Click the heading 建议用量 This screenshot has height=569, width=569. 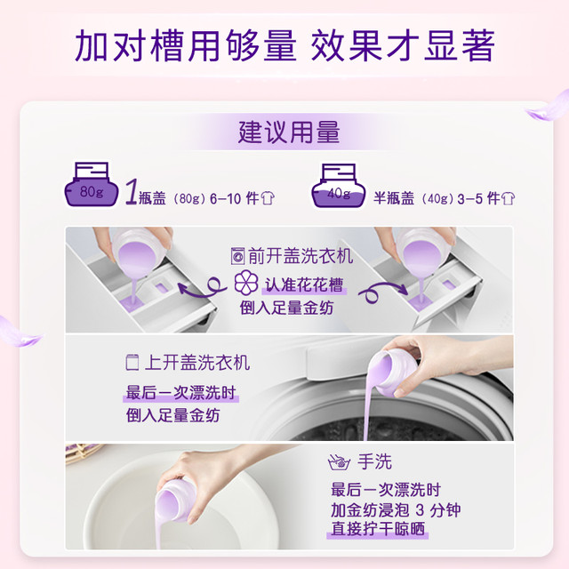pyautogui.click(x=289, y=132)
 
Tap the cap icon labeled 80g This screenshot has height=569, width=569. pyautogui.click(x=92, y=185)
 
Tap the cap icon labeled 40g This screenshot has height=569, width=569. pyautogui.click(x=339, y=186)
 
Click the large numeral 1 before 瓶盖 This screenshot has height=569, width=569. pyautogui.click(x=131, y=192)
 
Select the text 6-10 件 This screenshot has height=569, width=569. pyautogui.click(x=235, y=198)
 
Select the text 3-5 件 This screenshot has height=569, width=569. pyautogui.click(x=478, y=198)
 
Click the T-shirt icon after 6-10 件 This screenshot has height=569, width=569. pyautogui.click(x=268, y=198)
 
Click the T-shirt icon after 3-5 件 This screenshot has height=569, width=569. pyautogui.click(x=508, y=198)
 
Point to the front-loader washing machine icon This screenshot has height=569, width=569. pyautogui.click(x=237, y=256)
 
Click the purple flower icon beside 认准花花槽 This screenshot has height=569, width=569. pyautogui.click(x=246, y=283)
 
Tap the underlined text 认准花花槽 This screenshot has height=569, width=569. pyautogui.click(x=304, y=284)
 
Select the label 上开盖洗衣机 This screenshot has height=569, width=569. pyautogui.click(x=197, y=363)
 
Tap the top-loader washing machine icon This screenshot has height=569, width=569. pyautogui.click(x=132, y=362)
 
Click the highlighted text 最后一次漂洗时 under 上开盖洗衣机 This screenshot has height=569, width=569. pyautogui.click(x=180, y=393)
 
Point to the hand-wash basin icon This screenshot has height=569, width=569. pyautogui.click(x=339, y=462)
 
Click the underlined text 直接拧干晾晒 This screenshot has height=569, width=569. pyautogui.click(x=378, y=528)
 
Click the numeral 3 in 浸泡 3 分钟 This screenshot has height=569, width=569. pyautogui.click(x=420, y=509)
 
